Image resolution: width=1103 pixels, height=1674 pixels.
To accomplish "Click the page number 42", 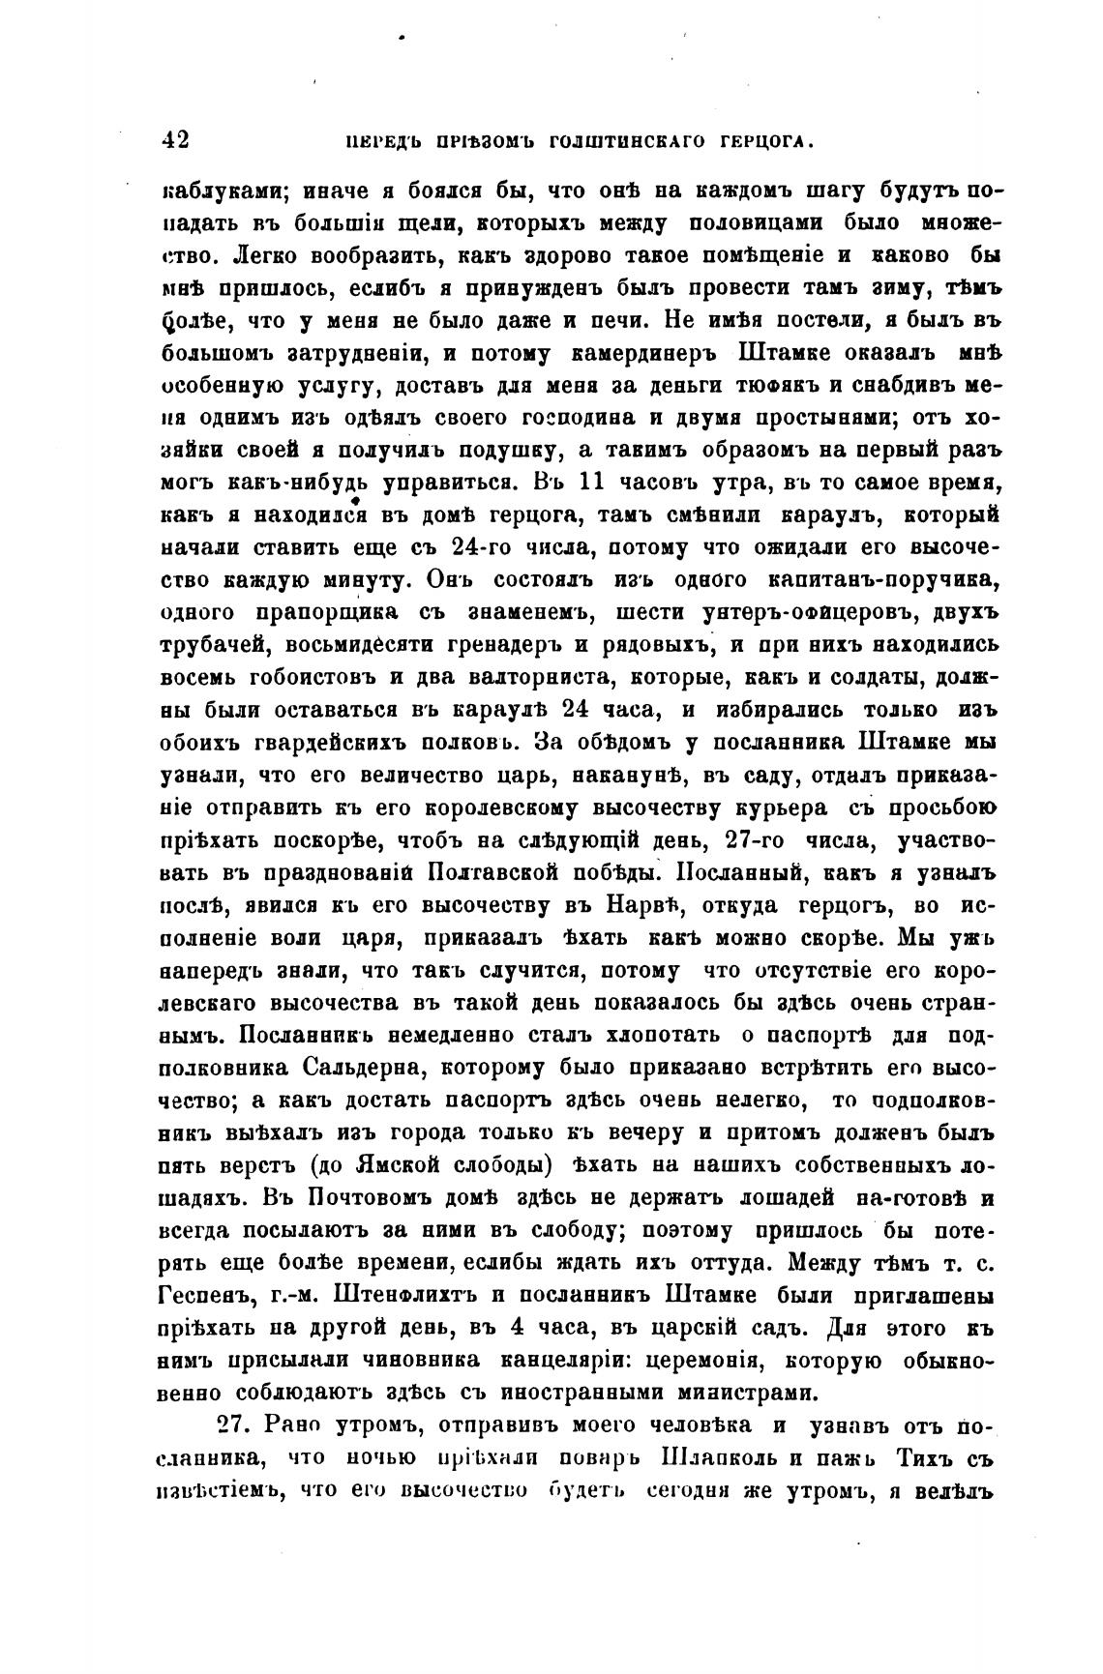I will coord(175,139).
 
